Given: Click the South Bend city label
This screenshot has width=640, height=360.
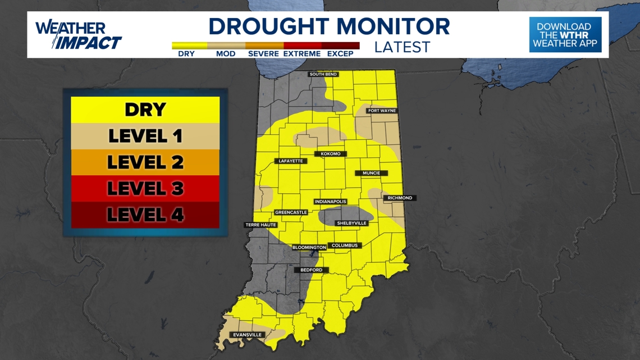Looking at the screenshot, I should [x=323, y=74].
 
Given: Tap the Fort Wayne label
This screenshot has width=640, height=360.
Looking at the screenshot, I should [x=382, y=111].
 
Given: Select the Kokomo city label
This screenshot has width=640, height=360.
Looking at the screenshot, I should [x=331, y=154].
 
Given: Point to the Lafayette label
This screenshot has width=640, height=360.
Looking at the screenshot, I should [x=291, y=161].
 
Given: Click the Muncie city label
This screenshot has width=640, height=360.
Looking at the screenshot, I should [x=371, y=173].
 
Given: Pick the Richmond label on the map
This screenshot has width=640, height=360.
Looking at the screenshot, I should [x=400, y=198].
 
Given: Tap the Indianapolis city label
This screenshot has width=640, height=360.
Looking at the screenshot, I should [x=330, y=202].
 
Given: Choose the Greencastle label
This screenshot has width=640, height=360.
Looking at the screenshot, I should [x=291, y=212].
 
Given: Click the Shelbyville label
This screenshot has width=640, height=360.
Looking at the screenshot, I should [x=351, y=223].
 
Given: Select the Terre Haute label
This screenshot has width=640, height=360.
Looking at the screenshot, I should [x=261, y=225].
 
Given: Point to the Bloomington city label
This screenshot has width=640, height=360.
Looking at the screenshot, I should [x=309, y=248].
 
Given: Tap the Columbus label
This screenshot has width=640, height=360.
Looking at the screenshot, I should [x=344, y=245].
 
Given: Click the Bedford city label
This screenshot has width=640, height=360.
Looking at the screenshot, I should [x=312, y=270].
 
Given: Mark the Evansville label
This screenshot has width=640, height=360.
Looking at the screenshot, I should [x=248, y=335].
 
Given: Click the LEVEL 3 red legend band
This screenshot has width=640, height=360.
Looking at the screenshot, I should [x=145, y=188].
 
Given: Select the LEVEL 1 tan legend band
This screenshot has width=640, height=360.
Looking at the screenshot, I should [x=145, y=136].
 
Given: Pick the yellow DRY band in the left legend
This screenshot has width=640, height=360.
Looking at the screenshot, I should [x=145, y=110].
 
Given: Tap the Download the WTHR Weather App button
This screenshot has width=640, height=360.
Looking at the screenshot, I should [x=565, y=35].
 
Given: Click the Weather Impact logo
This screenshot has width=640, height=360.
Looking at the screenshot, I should [x=78, y=35].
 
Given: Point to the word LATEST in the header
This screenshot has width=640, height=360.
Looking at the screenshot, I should [x=402, y=47].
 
